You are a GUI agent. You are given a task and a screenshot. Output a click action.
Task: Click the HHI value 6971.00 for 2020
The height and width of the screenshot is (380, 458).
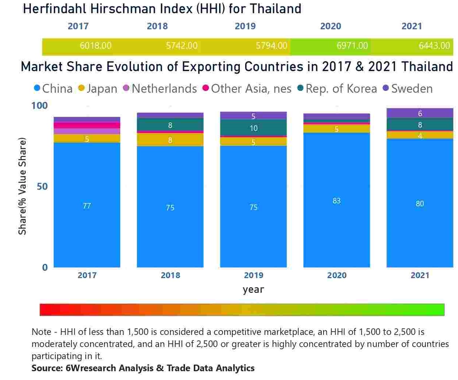352,46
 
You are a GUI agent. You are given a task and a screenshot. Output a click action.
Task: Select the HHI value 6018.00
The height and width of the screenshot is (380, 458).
95,46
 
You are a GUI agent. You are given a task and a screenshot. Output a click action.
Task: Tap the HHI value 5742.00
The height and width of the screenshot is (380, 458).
181,46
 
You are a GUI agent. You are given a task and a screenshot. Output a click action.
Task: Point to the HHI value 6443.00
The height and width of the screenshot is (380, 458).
434,46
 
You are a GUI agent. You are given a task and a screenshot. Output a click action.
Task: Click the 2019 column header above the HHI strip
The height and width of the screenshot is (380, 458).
245,26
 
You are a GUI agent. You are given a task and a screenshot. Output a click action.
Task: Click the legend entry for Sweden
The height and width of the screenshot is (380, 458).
411,89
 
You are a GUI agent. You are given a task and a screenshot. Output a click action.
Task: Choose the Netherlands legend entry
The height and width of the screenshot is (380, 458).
164,89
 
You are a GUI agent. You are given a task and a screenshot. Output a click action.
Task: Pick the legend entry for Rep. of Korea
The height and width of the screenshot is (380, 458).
341,89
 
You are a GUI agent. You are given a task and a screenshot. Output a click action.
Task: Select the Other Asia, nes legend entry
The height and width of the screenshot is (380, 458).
251,89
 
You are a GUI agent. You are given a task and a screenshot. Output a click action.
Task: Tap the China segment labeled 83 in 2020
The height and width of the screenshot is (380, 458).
336,200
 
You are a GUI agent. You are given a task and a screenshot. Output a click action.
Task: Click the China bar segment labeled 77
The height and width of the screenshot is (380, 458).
87,206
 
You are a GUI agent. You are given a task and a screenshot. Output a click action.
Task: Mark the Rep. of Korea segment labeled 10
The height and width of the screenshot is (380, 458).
253,128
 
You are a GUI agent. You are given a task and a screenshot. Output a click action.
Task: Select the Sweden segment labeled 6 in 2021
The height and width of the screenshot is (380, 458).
420,113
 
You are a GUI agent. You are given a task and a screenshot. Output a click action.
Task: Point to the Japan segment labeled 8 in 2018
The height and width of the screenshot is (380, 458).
170,140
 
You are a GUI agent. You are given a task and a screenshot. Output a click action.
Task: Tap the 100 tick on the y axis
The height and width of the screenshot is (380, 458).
40,106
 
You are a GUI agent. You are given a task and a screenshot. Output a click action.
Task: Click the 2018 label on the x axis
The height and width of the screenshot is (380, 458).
170,275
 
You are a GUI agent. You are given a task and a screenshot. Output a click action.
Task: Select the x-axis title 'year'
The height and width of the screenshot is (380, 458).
253,289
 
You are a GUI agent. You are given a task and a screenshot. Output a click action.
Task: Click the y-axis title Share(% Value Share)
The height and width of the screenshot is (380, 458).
22,186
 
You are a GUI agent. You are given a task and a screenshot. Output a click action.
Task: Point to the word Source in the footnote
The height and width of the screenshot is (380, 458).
47,368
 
